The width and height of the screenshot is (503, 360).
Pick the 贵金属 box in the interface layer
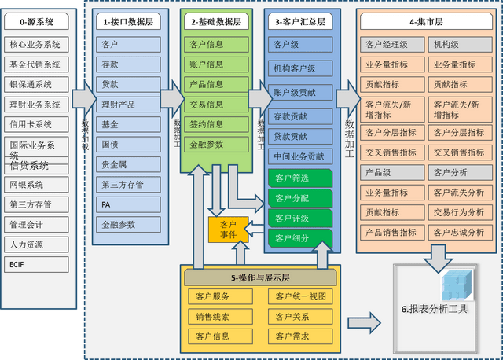pos(129,164)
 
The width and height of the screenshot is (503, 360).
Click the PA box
pos(129,204)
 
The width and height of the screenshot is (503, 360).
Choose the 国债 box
pos(129,145)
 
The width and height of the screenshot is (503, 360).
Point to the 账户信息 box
pos(216,64)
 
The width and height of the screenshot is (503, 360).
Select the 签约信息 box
pos(216,124)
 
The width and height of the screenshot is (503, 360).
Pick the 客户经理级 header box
pos(391,44)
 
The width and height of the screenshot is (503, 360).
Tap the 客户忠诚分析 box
pos(459,232)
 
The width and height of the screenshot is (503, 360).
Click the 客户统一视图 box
pos(299,296)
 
